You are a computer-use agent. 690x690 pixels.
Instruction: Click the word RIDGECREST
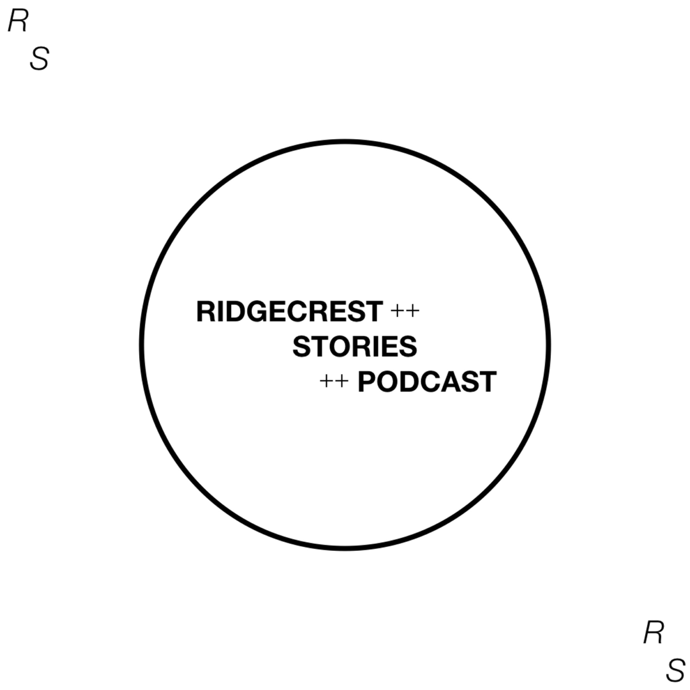[x=290, y=312]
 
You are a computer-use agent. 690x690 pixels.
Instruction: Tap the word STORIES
[x=355, y=346]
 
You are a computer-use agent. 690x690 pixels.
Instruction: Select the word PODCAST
[x=427, y=382]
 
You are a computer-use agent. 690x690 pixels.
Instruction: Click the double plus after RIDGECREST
[x=405, y=311]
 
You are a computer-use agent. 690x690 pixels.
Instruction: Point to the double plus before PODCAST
[x=334, y=381]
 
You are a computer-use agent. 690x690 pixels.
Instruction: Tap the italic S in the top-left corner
[x=40, y=59]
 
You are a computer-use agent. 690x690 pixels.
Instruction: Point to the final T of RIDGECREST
[x=374, y=312]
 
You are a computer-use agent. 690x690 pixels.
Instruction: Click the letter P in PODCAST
[x=367, y=382]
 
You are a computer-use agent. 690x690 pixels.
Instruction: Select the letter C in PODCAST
[x=431, y=382]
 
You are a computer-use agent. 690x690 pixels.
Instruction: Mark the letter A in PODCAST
[x=452, y=382]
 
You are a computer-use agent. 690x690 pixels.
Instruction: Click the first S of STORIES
[x=302, y=346]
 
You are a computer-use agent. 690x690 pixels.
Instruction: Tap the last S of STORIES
[x=408, y=346]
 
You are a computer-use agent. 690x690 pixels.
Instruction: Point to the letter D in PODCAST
[x=411, y=382]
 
